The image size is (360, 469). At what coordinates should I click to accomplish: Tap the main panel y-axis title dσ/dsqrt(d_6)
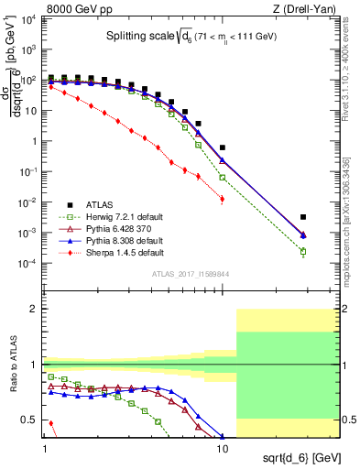(x=16, y=93)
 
